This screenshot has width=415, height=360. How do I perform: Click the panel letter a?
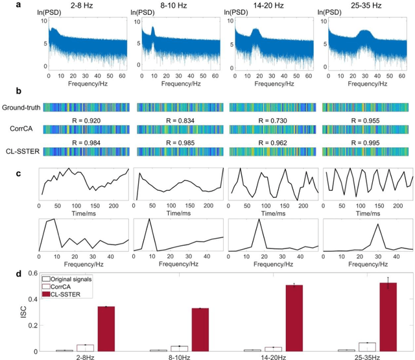[3, 5]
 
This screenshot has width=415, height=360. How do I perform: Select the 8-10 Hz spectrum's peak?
[154, 30]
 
